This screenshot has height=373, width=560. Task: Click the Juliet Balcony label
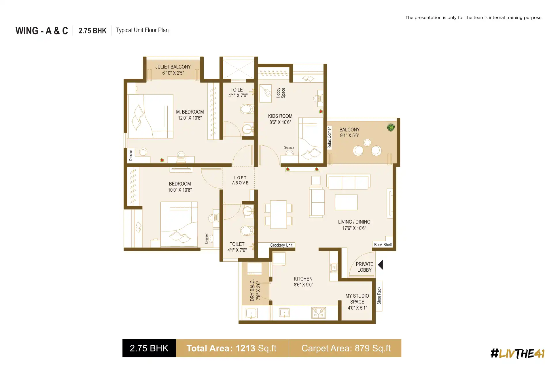coord(173,67)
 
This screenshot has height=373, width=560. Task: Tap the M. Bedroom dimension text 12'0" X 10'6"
coord(190,118)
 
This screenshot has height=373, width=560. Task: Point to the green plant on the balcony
coord(391,127)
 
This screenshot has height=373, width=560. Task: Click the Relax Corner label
coord(330,138)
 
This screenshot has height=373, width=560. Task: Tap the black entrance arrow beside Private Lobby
coord(381,265)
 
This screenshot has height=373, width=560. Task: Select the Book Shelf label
coord(383,245)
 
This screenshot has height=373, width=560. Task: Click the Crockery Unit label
coord(281,245)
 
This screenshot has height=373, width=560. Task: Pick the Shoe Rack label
coord(379,296)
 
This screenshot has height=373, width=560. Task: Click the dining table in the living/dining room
coord(278,215)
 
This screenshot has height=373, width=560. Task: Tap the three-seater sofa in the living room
coord(348,182)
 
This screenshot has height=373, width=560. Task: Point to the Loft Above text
coord(240,180)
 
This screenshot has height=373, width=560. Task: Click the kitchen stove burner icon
coord(319,313)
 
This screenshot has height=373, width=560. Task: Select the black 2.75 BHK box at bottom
coord(149,348)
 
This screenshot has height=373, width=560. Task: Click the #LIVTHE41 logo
coord(517,353)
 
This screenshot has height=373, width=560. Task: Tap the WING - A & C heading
coord(42,31)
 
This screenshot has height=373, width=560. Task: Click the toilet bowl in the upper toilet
coord(246,109)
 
